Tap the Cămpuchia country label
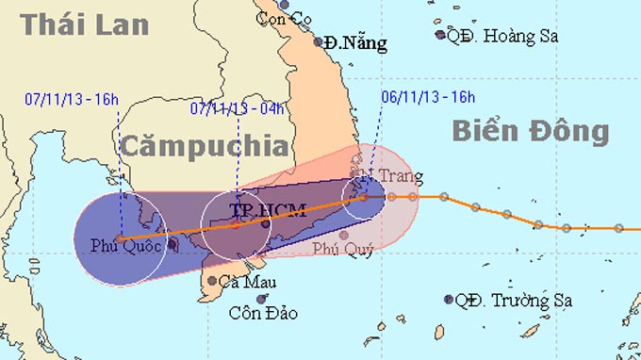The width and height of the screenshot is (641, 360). pyautogui.click(x=204, y=146)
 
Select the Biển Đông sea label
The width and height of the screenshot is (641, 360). pyautogui.click(x=530, y=131)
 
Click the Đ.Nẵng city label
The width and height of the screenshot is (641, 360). pyautogui.click(x=353, y=42)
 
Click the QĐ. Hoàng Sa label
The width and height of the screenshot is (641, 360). pyautogui.click(x=502, y=36)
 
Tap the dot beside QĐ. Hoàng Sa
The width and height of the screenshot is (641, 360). pyautogui.click(x=440, y=36)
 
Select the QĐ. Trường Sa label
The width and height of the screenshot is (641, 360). pyautogui.click(x=513, y=302)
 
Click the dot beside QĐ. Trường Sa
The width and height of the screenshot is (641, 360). pyautogui.click(x=449, y=300)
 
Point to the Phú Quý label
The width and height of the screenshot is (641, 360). pyautogui.click(x=343, y=250)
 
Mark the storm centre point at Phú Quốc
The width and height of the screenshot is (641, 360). pyautogui.click(x=120, y=238)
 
